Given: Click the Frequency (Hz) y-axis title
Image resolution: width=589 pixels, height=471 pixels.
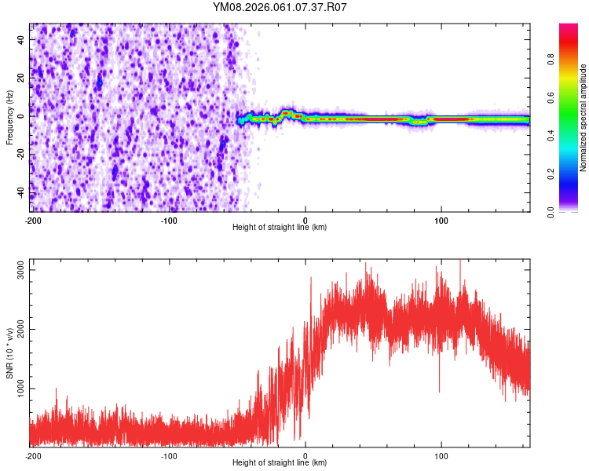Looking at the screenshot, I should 9,118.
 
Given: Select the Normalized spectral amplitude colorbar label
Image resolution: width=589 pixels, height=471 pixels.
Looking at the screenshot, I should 584,118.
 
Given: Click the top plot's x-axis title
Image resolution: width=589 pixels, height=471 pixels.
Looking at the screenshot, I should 280,227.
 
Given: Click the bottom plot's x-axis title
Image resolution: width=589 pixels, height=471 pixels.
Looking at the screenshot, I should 280,462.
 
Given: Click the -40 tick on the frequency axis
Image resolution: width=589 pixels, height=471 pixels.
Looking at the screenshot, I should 21,193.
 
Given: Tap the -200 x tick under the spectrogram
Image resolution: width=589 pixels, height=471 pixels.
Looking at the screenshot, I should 33,219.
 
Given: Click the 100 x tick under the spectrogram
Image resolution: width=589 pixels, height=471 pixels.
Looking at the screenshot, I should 441,219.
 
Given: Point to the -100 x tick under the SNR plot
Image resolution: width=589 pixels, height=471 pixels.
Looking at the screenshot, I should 169,455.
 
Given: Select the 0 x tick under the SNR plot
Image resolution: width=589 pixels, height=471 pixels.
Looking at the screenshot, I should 305,455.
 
